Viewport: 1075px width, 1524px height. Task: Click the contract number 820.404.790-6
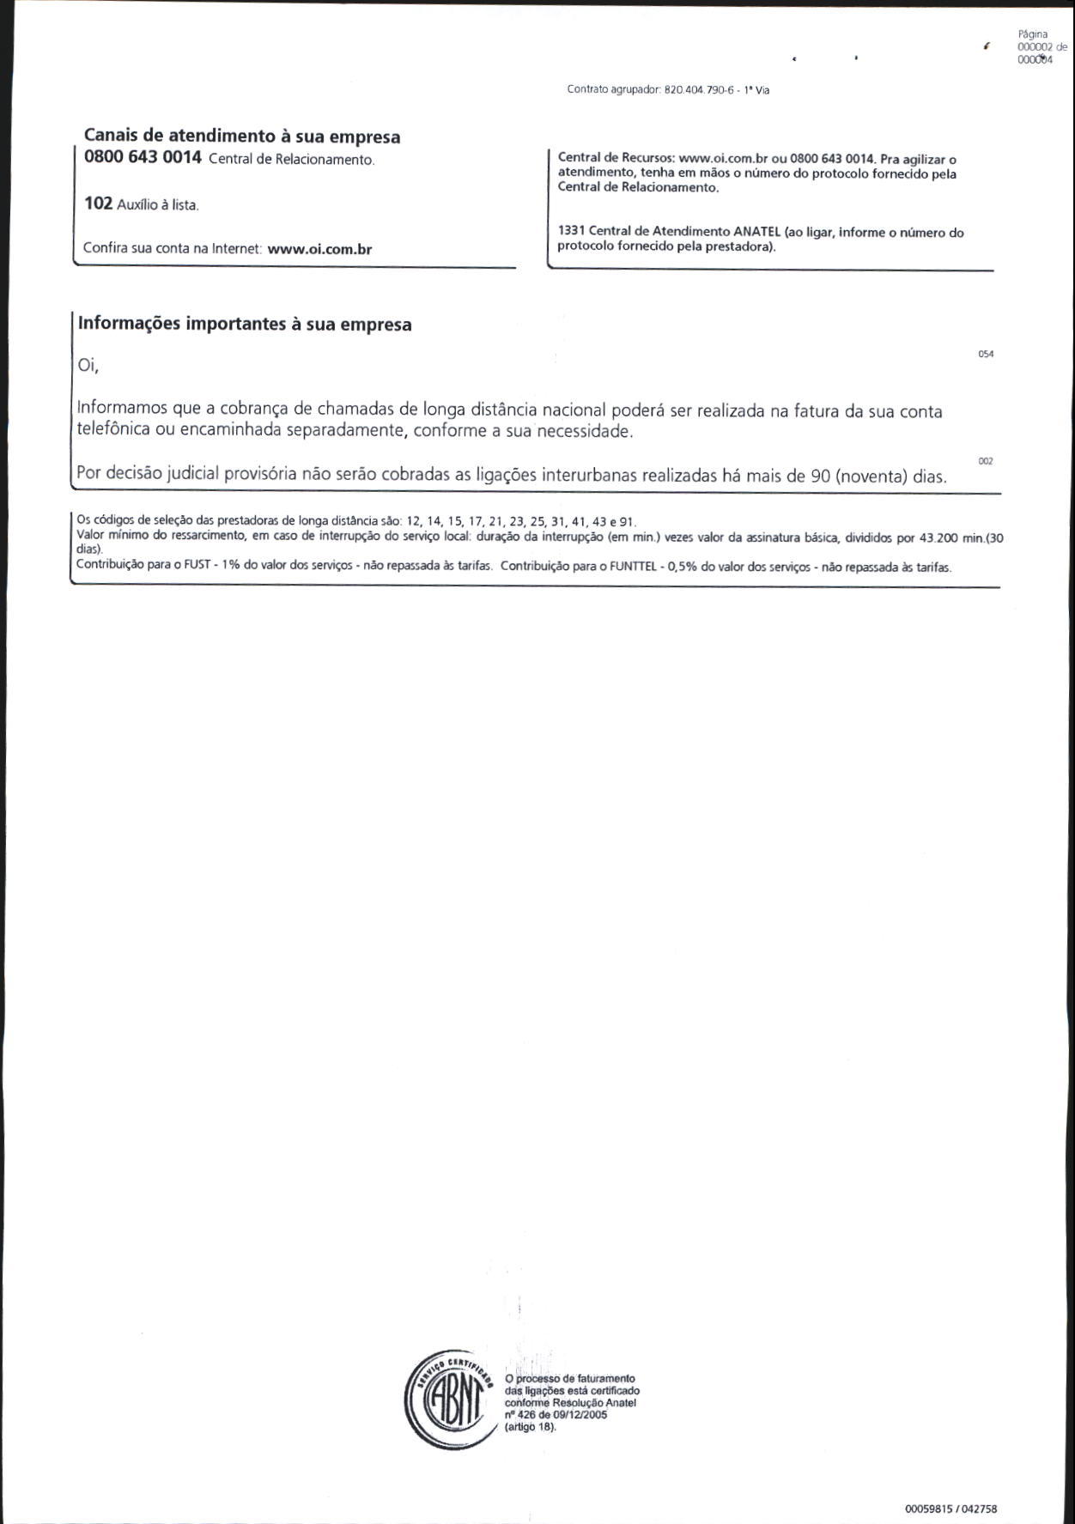coord(699,90)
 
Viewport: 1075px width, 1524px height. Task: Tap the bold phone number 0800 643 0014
coord(143,157)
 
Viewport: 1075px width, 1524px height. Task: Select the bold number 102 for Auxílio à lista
coord(98,203)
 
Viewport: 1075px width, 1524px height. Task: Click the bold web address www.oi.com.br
coord(319,249)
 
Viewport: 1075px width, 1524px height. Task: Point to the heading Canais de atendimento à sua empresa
coord(241,137)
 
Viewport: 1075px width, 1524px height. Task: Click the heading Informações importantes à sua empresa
coord(245,325)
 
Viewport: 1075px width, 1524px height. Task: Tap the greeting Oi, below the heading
coord(88,365)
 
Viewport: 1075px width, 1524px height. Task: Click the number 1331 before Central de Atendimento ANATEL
coord(571,232)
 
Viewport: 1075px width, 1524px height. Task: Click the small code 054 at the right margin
coord(986,355)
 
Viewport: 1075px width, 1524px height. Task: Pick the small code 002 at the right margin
coord(986,462)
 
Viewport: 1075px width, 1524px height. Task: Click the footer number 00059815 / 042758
coord(950,1508)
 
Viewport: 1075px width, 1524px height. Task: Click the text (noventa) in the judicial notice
coord(872,476)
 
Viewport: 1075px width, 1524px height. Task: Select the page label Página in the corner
coord(1032,34)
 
